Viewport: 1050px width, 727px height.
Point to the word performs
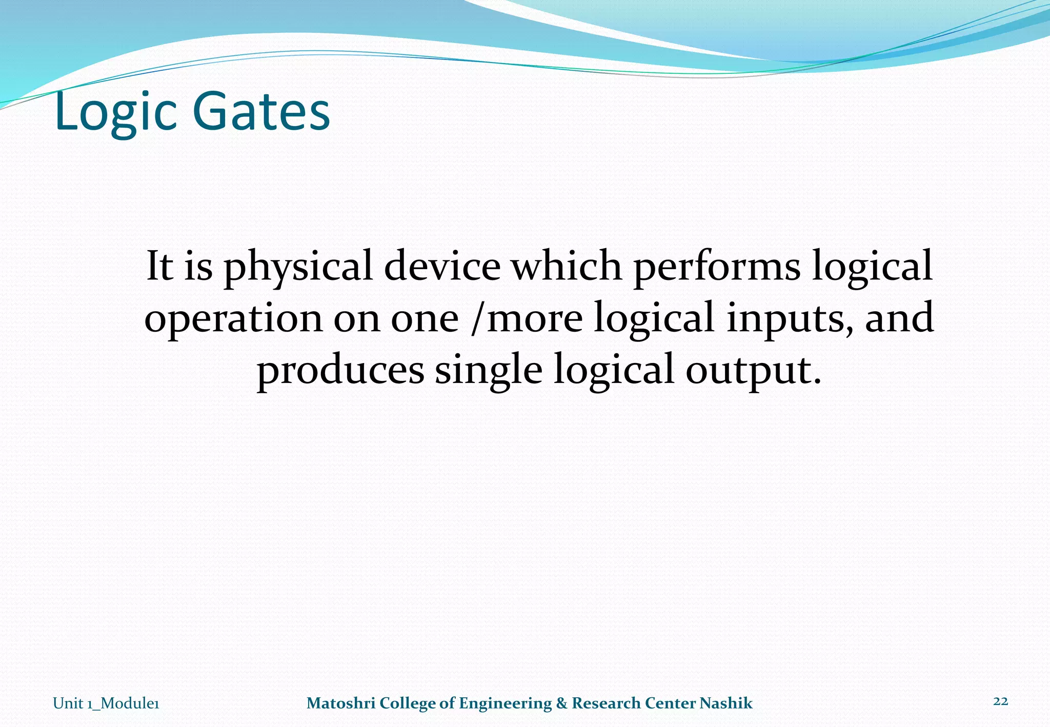pos(717,268)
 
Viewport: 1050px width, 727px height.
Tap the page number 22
pos(1000,701)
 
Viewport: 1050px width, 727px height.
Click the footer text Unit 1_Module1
pos(106,703)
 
